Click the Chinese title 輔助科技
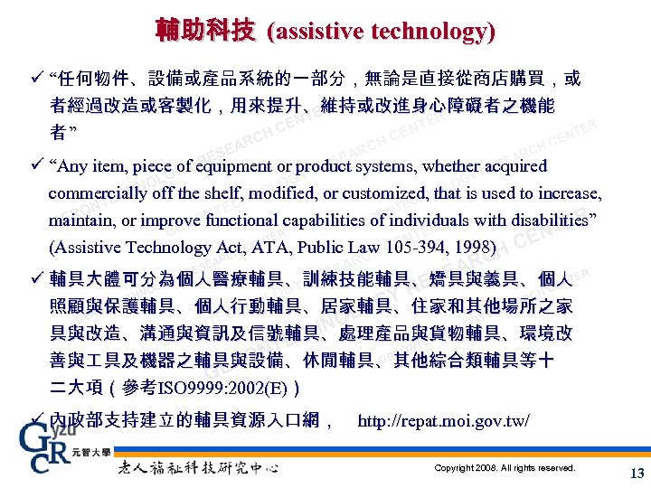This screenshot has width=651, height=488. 204,31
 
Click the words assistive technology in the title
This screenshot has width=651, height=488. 381,32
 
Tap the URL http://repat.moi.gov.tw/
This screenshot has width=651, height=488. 444,421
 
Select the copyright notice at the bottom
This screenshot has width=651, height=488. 505,468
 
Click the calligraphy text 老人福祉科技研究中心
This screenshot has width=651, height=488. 198,467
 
